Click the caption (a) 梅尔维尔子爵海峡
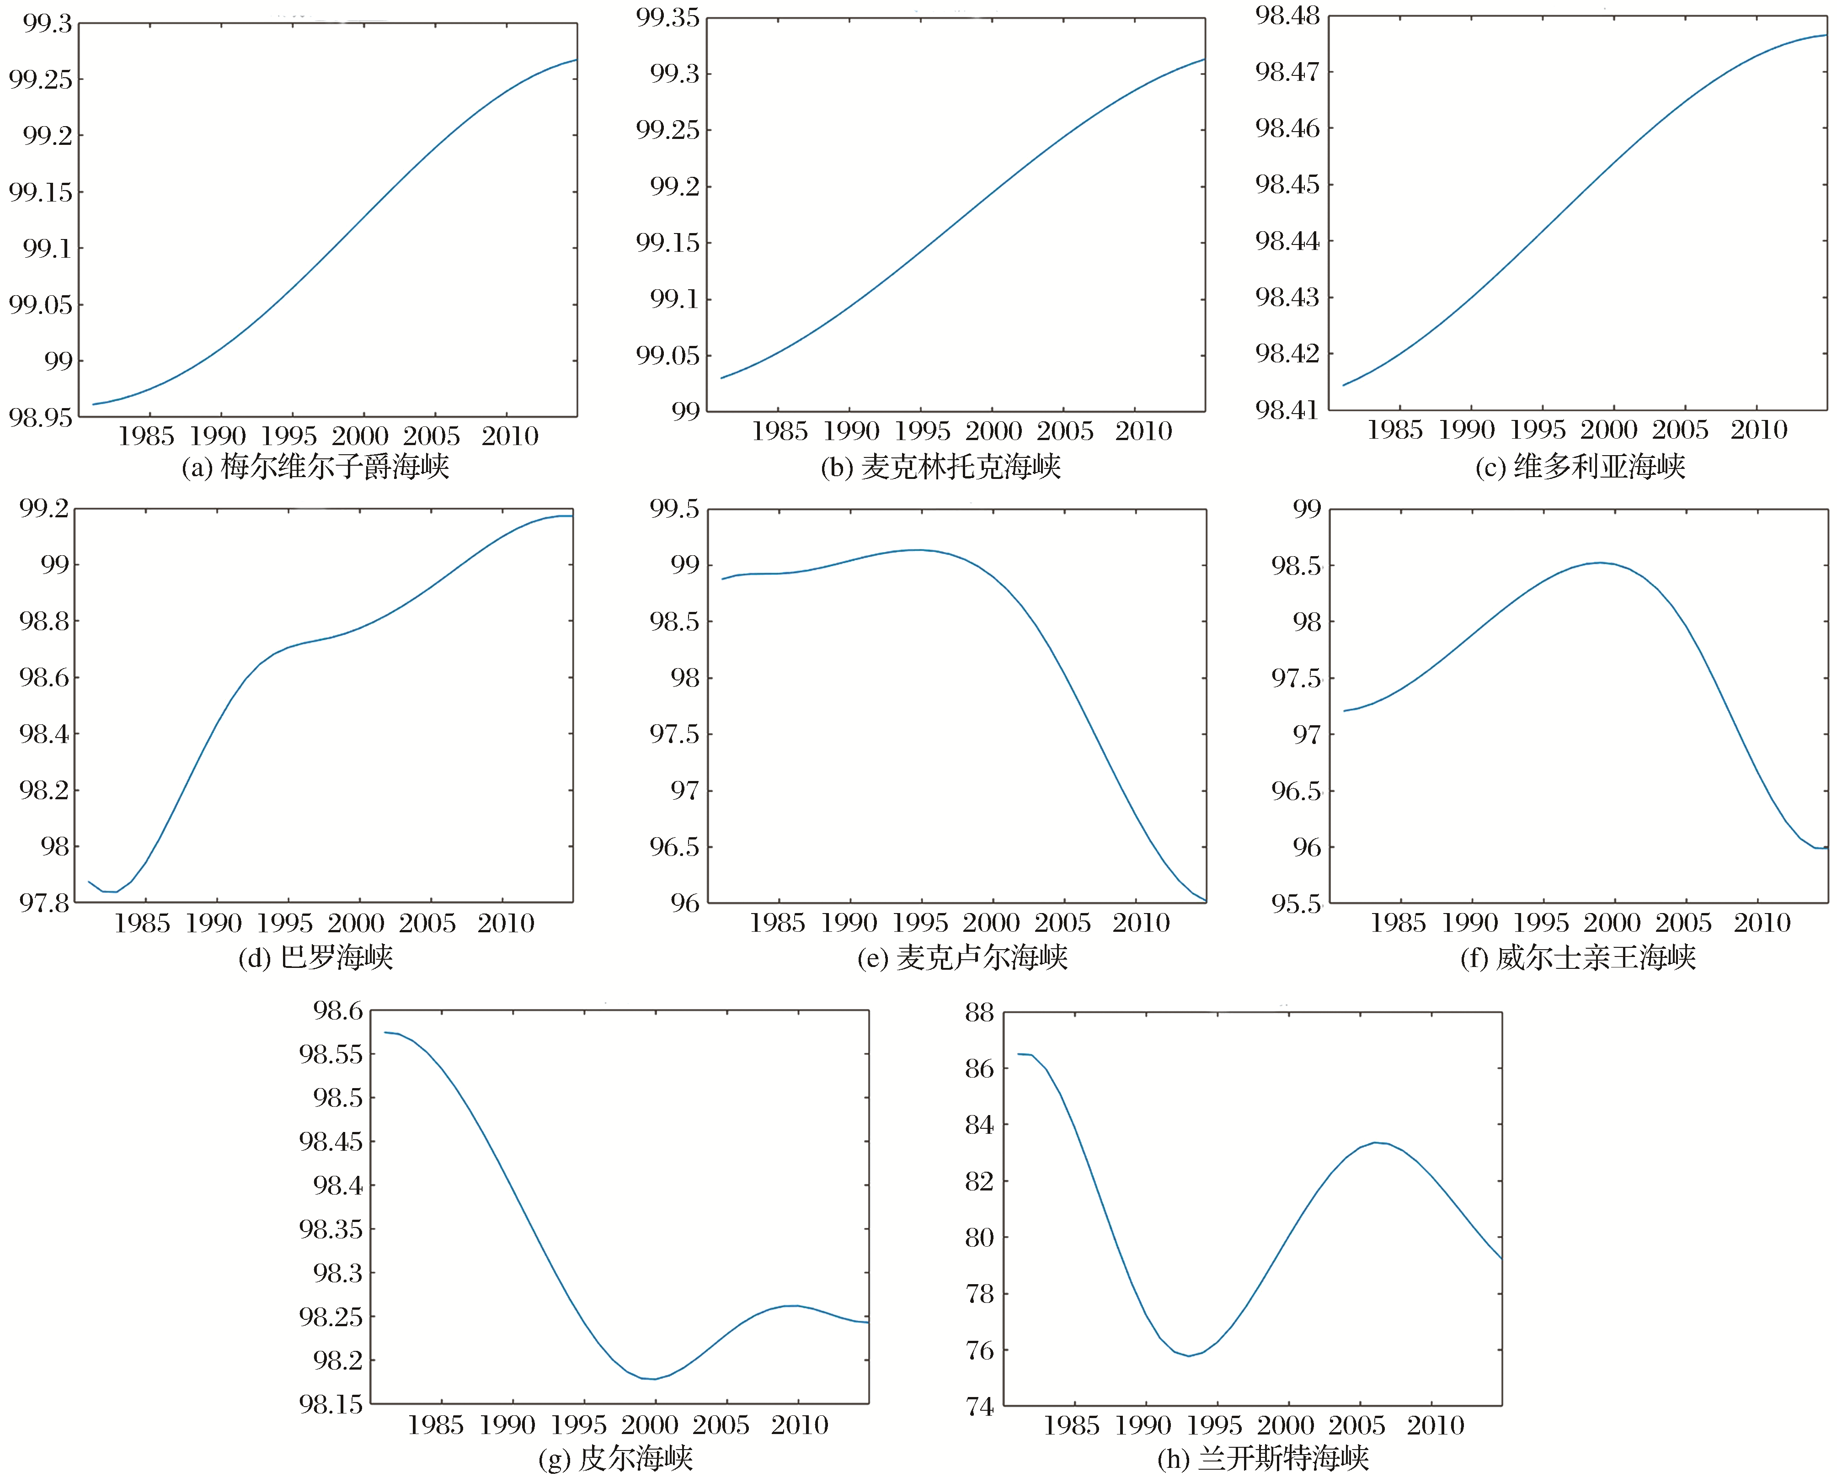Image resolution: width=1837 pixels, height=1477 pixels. coord(315,467)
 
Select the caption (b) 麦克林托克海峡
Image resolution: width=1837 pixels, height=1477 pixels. coord(940,467)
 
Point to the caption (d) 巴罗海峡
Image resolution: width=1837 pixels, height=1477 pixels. coord(315,957)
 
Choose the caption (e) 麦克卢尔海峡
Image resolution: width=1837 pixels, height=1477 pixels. coord(962,957)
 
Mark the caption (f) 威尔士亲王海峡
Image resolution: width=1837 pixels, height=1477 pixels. coord(1578,957)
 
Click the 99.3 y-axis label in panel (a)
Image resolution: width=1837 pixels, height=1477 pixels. coord(48,24)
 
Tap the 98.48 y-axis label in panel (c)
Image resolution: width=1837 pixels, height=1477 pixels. coord(1287,16)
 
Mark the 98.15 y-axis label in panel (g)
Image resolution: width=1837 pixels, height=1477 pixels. coord(331,1404)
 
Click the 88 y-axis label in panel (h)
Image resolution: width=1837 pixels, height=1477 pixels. coord(979,1013)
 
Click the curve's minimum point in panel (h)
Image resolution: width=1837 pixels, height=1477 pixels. coord(1189,1355)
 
